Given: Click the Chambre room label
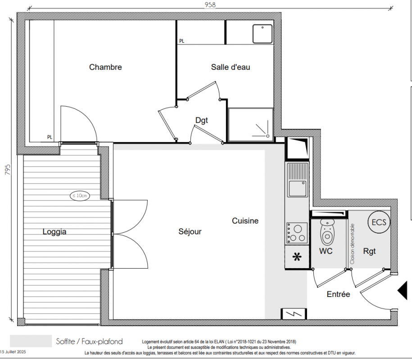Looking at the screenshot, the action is tap(105, 67).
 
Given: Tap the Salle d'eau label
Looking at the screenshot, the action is tap(231, 67).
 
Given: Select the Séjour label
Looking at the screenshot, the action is tap(190, 231).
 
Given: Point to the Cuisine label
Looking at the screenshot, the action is tap(245, 220).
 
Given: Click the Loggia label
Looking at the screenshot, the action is tap(54, 232).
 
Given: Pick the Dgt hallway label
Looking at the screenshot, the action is tap(202, 120).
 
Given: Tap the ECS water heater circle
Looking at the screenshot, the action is tap(379, 222).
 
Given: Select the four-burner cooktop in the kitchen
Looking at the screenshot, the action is tap(297, 233).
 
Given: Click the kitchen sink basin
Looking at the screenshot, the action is tap(298, 189).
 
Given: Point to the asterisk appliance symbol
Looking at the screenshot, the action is tap(297, 257).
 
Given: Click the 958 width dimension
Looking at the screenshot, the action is tap(210, 5).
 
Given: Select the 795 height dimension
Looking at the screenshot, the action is tap(8, 170).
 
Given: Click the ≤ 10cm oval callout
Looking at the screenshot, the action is tap(80, 196).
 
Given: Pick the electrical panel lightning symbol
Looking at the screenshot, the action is tap(294, 314).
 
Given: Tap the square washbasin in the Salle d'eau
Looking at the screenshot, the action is tap(263, 34).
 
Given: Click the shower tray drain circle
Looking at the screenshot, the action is tap(268, 136).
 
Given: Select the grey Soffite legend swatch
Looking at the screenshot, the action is tap(31, 341).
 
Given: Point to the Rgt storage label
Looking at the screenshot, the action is tap(369, 251).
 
